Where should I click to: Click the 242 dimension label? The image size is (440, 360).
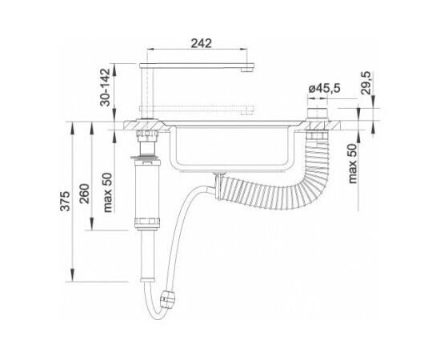click(x=201, y=43)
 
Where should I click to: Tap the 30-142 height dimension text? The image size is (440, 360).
click(x=106, y=87)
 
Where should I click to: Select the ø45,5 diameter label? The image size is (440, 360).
click(x=324, y=88)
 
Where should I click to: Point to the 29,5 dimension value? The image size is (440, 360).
click(x=366, y=83)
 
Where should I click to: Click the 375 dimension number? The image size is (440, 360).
click(x=66, y=201)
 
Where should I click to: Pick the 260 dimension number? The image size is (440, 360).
click(x=85, y=194)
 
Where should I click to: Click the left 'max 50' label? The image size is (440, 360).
click(x=107, y=193)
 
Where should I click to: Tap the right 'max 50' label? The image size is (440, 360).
click(x=352, y=163)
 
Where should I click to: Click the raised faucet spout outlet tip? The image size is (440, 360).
click(x=247, y=69)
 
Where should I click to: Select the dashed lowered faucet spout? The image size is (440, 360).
click(x=197, y=109)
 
